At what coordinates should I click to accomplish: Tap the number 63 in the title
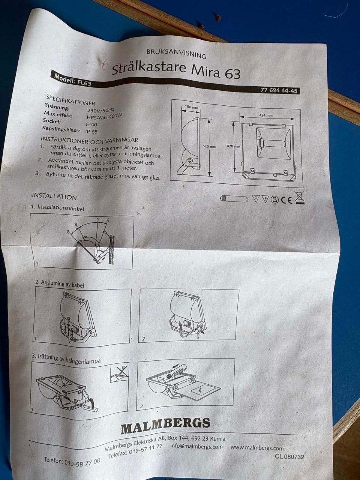(x=232, y=74)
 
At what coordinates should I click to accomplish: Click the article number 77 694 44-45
(x=279, y=90)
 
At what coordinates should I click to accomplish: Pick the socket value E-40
(x=91, y=124)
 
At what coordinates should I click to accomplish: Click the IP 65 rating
(x=91, y=131)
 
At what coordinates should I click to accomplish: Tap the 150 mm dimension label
(x=192, y=107)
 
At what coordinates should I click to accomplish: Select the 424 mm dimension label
(x=265, y=115)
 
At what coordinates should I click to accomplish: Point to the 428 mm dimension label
(x=233, y=146)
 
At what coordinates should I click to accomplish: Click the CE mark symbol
(x=287, y=199)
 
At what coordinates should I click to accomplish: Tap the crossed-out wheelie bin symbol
(x=300, y=198)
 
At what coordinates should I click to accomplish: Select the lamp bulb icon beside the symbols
(x=234, y=199)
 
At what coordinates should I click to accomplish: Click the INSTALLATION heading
(x=54, y=196)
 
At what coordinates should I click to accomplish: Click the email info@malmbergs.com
(x=196, y=447)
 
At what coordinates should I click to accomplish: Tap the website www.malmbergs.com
(x=257, y=448)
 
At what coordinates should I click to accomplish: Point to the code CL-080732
(x=289, y=456)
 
